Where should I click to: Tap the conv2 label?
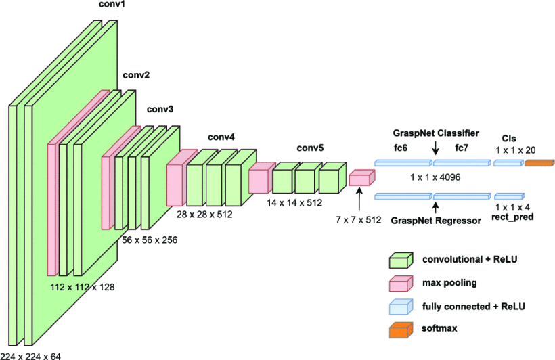(136, 75)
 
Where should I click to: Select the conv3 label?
(160, 109)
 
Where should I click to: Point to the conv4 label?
(221, 137)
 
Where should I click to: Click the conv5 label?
(311, 148)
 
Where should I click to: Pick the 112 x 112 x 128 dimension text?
(83, 287)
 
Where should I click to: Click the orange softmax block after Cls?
(539, 163)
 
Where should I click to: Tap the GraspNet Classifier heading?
(436, 133)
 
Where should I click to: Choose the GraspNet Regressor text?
(436, 220)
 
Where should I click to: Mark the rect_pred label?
(512, 217)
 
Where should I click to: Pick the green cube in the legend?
(400, 260)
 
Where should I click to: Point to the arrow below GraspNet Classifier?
(435, 148)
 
